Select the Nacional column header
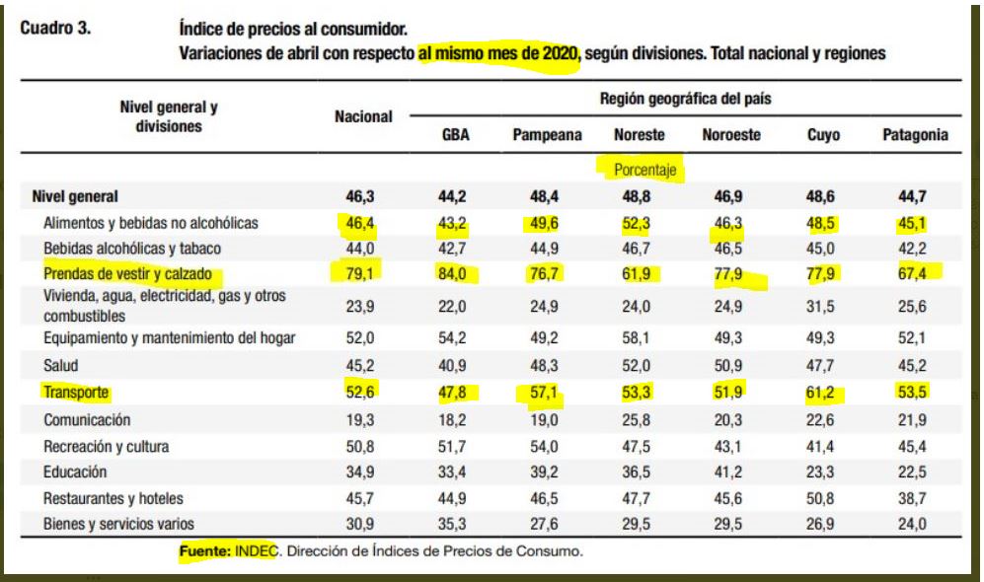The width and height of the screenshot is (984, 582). [363, 116]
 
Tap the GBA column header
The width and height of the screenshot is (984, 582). [454, 136]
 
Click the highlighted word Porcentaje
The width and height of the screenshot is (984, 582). [641, 170]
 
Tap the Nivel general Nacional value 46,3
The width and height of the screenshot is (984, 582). [363, 196]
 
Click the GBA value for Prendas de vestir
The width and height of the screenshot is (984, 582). [454, 275]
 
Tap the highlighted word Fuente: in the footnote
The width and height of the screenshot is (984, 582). [205, 551]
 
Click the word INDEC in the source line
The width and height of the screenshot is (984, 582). [256, 551]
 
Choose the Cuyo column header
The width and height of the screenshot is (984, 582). [822, 136]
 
